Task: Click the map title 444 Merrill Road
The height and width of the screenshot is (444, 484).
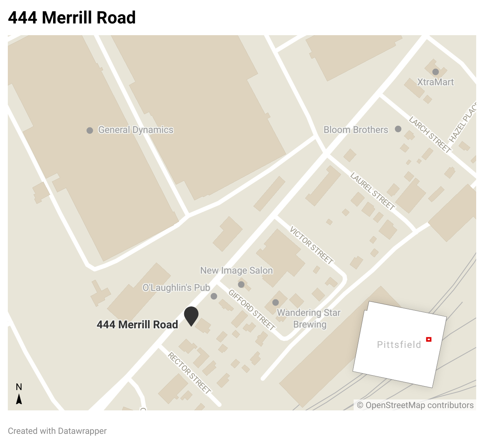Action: [x=72, y=18]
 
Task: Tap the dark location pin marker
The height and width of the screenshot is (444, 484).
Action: [x=191, y=315]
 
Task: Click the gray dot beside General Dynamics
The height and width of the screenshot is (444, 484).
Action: [x=90, y=130]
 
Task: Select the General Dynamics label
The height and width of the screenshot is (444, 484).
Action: [x=135, y=130]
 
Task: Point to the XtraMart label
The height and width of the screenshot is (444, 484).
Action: [x=435, y=82]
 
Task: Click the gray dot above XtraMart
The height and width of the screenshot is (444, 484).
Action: [x=436, y=72]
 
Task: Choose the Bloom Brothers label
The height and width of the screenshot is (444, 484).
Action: [x=356, y=130]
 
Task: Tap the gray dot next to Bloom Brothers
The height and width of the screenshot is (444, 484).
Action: [x=398, y=129]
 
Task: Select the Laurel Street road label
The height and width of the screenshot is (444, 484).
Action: [x=372, y=191]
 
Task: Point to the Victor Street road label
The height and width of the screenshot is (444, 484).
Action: [x=311, y=245]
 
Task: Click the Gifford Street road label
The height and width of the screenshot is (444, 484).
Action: [x=252, y=310]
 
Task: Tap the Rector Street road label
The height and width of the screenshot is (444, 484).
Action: [x=189, y=372]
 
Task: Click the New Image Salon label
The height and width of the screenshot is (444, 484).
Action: [x=236, y=270]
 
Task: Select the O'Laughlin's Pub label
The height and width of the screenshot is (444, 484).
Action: [x=176, y=288]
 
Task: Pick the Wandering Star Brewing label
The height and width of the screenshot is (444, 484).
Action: [x=309, y=319]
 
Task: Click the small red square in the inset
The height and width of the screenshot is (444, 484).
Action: [x=429, y=339]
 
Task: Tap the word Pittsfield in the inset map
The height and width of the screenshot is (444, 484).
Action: [x=399, y=345]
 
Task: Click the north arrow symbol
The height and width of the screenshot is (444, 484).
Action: [x=19, y=399]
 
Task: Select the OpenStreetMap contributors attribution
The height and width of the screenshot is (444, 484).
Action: [x=415, y=405]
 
